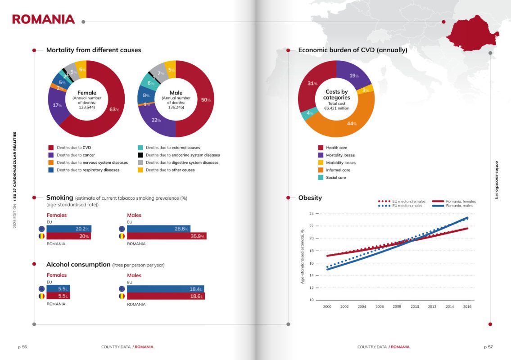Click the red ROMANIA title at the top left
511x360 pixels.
pyautogui.click(x=43, y=19)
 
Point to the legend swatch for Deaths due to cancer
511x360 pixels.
pyautogui.click(x=51, y=155)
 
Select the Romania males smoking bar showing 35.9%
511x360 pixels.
pyautogui.click(x=167, y=236)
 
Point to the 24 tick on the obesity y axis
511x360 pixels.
pyautogui.click(x=311, y=214)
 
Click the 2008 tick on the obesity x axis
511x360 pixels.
pyautogui.click(x=397, y=306)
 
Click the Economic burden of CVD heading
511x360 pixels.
pyautogui.click(x=353, y=50)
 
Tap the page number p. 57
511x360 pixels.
pyautogui.click(x=488, y=347)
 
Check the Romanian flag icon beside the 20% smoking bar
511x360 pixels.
pyautogui.click(x=41, y=236)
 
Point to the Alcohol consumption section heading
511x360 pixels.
pyautogui.click(x=78, y=265)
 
